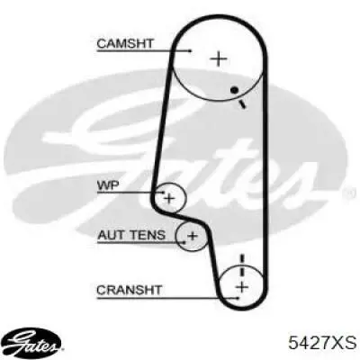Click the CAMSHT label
[125, 44]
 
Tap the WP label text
[108, 185]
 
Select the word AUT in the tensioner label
[111, 235]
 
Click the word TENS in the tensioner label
[147, 235]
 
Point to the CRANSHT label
[130, 290]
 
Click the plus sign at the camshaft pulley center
[219, 59]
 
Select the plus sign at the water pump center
[169, 199]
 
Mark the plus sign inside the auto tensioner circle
[193, 236]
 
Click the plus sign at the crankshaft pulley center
[242, 288]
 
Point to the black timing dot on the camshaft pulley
[234, 90]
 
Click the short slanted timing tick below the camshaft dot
[242, 104]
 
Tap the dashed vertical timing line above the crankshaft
[242, 265]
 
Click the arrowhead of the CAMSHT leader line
[189, 51]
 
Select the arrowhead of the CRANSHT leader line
[237, 298]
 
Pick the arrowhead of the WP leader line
[163, 193]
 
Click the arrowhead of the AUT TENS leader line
[183, 241]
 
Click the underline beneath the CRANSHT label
[167, 298]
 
